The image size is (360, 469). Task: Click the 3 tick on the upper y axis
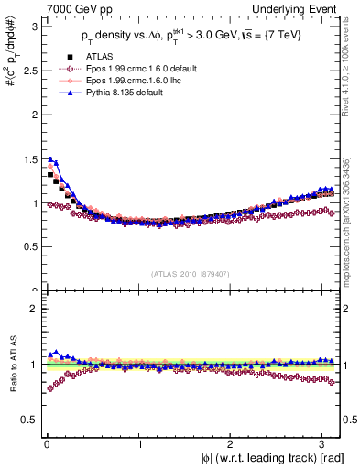click(33, 27)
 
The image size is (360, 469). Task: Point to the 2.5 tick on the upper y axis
click(29, 71)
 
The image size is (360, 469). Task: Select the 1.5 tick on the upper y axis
click(29, 159)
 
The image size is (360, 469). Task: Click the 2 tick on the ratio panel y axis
click(33, 309)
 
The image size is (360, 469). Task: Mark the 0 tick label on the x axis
click(46, 444)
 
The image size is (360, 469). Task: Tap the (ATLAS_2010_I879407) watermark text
click(190, 274)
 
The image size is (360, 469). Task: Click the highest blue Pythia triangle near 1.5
click(50, 159)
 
